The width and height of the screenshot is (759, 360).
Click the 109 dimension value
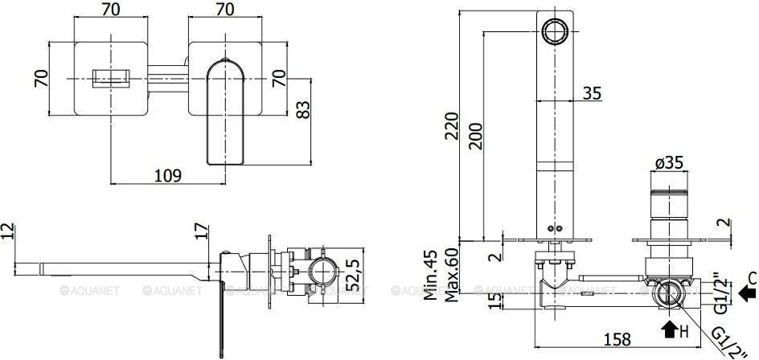coord(167,175)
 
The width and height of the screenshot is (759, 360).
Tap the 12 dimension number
coord(9,231)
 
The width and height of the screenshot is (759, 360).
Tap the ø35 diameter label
coord(669,164)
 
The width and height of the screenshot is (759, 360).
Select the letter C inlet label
coord(750,277)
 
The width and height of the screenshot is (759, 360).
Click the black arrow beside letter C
coord(747,295)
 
